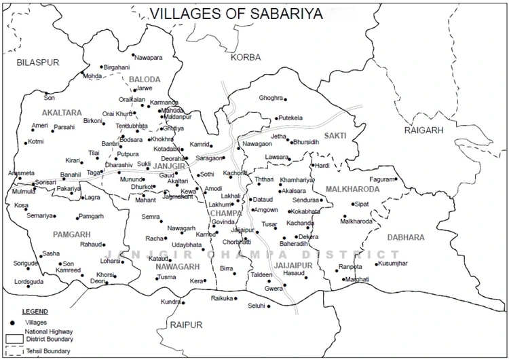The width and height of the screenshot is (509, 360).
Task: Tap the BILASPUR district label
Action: pos(39,62)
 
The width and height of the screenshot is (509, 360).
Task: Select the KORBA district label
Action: pos(245,57)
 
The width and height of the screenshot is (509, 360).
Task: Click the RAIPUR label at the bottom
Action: pos(187,325)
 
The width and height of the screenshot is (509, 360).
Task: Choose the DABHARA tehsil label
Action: pos(407,237)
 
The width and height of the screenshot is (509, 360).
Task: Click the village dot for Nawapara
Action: pos(133,56)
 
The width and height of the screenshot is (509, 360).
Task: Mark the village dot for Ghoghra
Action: pos(285,99)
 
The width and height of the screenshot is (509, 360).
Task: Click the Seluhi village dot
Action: pos(269,306)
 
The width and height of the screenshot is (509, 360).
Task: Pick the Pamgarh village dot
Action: pos(76,217)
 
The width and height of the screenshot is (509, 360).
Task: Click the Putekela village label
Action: pos(291,118)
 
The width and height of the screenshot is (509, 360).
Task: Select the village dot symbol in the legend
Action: pos(12,321)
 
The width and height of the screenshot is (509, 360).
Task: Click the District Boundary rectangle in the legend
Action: pos(14,338)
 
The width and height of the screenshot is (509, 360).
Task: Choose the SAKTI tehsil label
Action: pos(335,136)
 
